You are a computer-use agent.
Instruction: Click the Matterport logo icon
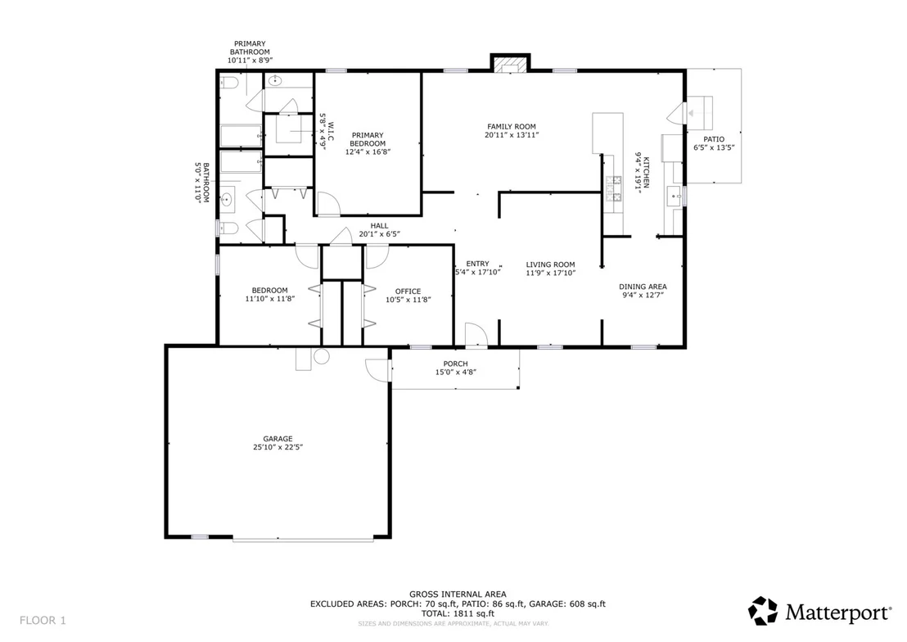click(763, 611)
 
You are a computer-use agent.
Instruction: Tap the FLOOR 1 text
click(43, 621)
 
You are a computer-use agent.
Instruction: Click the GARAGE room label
click(278, 439)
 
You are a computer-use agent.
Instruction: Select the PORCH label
click(456, 364)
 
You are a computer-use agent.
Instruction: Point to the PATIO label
click(714, 139)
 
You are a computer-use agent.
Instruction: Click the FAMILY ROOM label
click(512, 127)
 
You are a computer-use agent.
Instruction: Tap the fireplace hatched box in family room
click(510, 64)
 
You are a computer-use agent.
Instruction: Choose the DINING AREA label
click(643, 287)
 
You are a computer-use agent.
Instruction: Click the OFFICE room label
click(408, 292)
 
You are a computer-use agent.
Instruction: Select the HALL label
click(380, 226)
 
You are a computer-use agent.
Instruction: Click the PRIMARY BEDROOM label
click(368, 139)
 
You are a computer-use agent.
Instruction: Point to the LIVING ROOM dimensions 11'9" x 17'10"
click(551, 274)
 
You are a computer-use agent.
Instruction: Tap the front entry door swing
click(476, 336)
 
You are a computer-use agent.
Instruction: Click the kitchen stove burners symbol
click(613, 188)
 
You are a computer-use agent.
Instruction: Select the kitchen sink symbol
click(675, 197)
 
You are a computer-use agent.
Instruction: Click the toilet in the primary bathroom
click(228, 83)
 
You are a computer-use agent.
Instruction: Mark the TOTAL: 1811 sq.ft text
click(458, 613)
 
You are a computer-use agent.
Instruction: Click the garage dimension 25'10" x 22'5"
click(278, 447)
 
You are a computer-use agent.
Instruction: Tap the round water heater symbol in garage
click(322, 356)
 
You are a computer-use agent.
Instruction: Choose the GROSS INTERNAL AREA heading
click(458, 594)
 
